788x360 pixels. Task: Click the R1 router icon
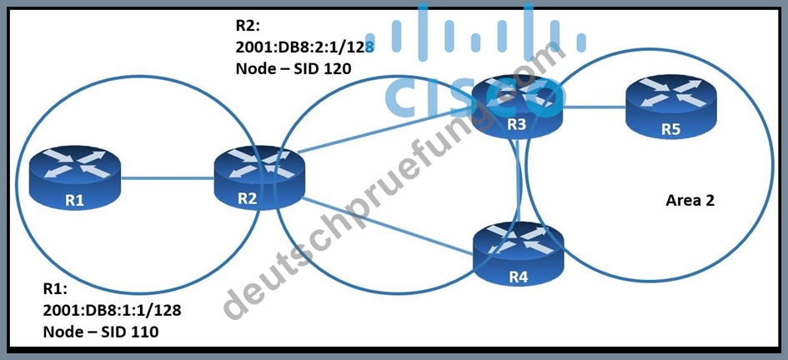point(75,177)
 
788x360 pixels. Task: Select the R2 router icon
point(259,177)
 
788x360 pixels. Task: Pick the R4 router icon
point(518,254)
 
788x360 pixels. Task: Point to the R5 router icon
point(671,107)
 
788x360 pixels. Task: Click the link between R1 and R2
point(168,177)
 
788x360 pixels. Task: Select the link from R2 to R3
point(385,132)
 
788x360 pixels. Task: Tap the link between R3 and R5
point(594,106)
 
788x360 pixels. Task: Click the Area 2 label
point(690,201)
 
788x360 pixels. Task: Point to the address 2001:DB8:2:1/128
point(305,47)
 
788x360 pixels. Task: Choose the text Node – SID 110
point(100,332)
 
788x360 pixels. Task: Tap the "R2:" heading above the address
point(248,25)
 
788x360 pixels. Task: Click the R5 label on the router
point(670,129)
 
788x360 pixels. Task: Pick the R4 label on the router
point(518,277)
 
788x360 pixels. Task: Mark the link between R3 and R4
point(518,181)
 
